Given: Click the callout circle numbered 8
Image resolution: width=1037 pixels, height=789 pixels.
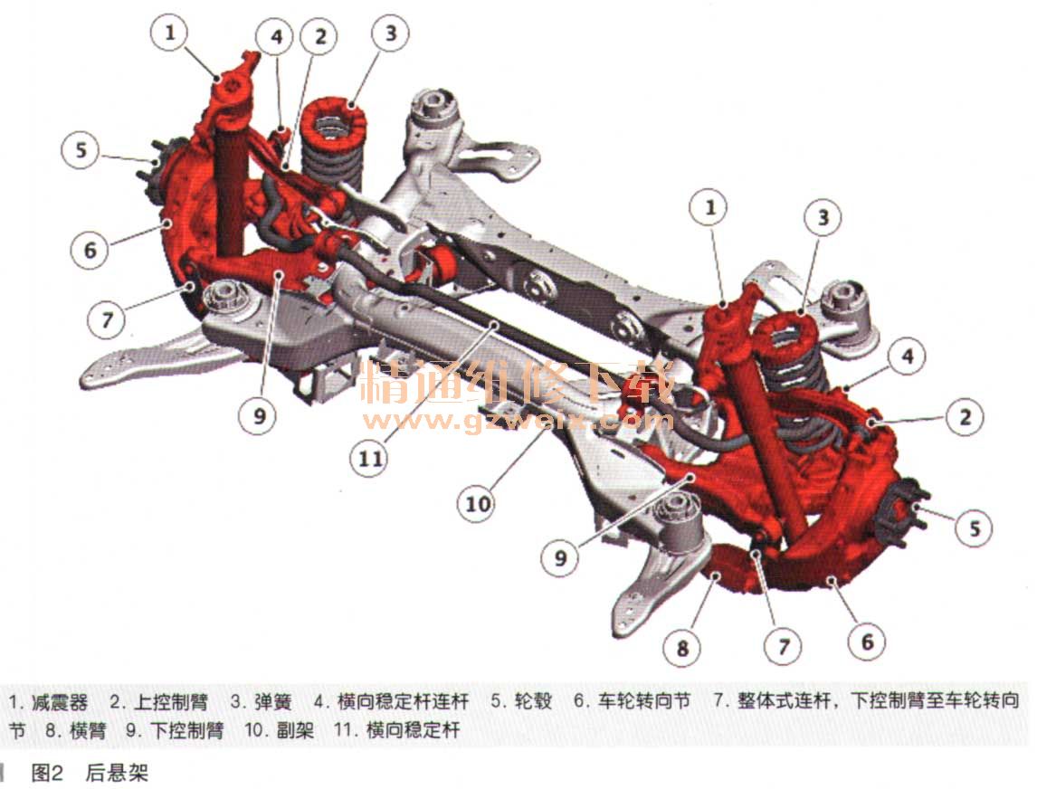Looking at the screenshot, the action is tap(682, 648).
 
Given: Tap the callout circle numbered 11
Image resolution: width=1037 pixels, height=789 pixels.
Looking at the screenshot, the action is tap(370, 458).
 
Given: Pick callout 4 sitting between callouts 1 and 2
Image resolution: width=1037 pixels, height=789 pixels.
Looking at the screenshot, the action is tap(277, 36).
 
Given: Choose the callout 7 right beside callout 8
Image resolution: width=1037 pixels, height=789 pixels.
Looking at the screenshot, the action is tap(783, 645).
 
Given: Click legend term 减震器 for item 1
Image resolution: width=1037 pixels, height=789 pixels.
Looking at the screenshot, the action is tap(60, 702).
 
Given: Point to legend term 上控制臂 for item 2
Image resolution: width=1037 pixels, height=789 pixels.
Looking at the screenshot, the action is tap(171, 702).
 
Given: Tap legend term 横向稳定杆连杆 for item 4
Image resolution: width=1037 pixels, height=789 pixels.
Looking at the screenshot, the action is tap(403, 702).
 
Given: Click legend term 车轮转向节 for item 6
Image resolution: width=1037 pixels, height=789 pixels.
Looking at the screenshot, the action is tap(644, 702).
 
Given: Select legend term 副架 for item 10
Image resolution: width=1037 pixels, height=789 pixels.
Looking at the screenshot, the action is tap(296, 731).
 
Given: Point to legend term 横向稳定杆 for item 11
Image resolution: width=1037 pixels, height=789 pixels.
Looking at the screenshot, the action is tap(413, 731).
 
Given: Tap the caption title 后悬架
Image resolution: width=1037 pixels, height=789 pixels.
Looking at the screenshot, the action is tap(117, 773).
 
